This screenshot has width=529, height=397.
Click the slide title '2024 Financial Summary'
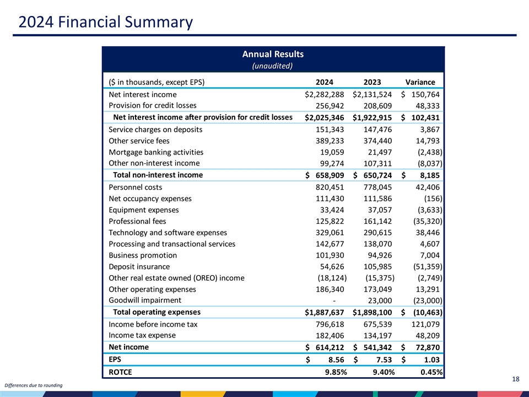pos(105,23)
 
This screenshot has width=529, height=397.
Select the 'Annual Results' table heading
pos(273,54)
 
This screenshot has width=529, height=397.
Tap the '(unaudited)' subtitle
pos(273,66)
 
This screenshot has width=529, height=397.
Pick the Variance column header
pos(420,82)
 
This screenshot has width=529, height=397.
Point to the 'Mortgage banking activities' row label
pos(156,152)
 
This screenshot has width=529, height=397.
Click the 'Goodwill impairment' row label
pos(145,301)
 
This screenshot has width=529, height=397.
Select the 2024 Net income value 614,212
pos(329,347)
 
